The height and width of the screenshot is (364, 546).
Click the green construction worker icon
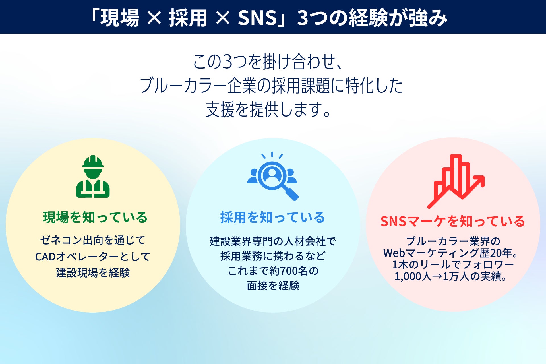[x=93, y=176]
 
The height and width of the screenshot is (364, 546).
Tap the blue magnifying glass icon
[x=272, y=176]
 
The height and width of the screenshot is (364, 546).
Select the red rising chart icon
[x=456, y=181]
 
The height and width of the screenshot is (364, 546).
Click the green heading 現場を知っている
[x=95, y=217]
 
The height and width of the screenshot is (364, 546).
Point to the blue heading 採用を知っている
[x=272, y=217]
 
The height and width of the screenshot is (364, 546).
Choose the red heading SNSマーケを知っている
[x=453, y=221]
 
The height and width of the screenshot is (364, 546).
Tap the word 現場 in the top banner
[x=119, y=18]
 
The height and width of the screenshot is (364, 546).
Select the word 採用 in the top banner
[x=188, y=18]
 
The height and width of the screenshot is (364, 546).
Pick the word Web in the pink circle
[x=394, y=253]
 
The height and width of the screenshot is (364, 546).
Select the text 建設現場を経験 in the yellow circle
[x=93, y=273]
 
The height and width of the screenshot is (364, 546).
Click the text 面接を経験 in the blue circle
[x=273, y=286]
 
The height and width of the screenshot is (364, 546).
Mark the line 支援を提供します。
[x=268, y=109]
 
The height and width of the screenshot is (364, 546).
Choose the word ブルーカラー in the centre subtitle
[x=183, y=85]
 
